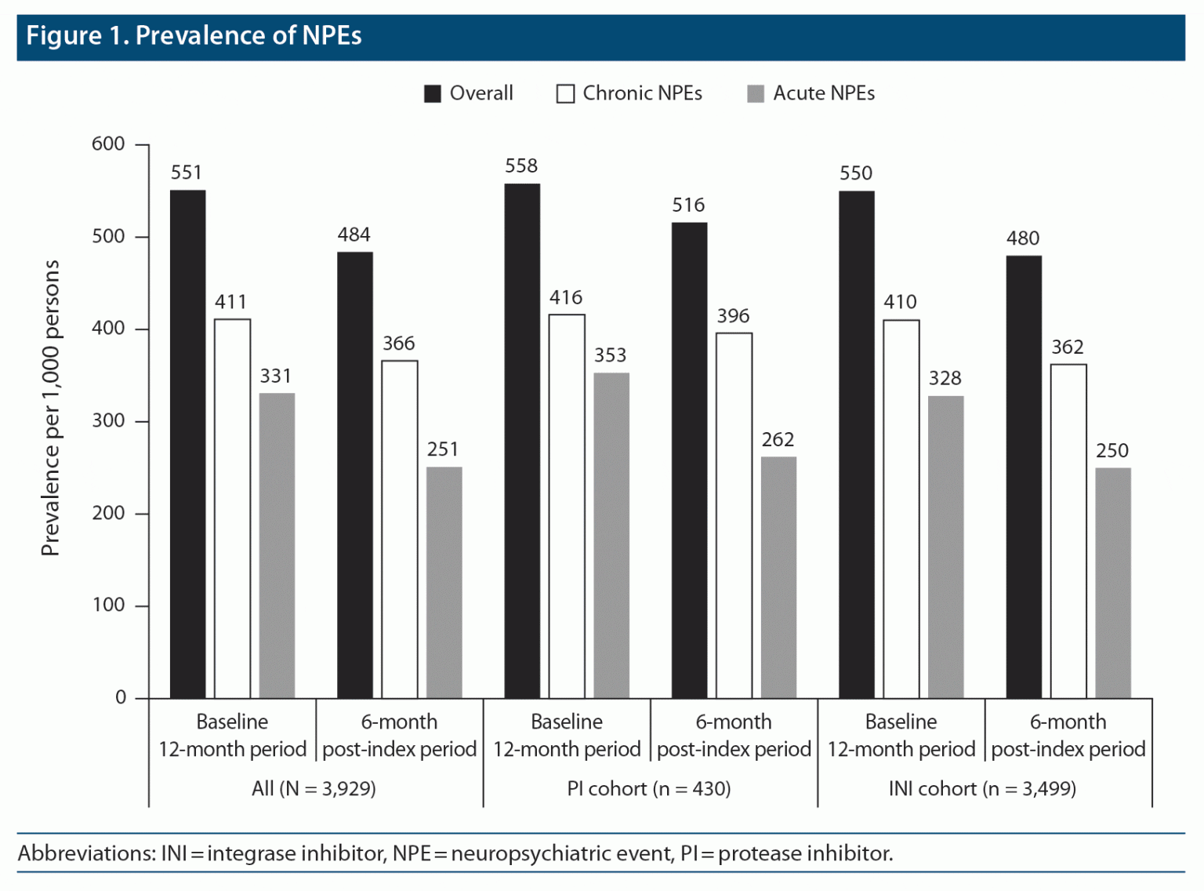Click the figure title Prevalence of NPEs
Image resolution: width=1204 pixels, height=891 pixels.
click(194, 36)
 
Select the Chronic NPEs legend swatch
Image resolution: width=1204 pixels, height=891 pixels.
click(565, 94)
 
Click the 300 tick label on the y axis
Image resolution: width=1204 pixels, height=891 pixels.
click(108, 421)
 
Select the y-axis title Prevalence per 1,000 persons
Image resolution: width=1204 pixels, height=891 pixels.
click(51, 408)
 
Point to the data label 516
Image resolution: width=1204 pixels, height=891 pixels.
click(688, 205)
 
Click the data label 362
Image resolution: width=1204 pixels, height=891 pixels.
click(1068, 347)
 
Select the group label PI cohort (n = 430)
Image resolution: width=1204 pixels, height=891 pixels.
click(649, 789)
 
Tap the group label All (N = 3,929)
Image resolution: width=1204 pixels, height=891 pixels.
click(314, 789)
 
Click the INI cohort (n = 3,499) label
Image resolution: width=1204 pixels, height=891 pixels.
click(982, 789)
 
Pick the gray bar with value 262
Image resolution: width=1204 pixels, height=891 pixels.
click(778, 577)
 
